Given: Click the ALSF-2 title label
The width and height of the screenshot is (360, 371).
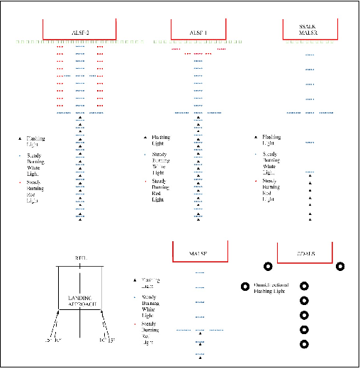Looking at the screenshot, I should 79,33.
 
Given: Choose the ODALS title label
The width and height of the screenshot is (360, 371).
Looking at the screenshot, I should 305,254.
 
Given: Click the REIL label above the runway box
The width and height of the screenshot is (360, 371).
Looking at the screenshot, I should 80,259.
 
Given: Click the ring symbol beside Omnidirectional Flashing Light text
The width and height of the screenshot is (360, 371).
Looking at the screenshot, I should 305,287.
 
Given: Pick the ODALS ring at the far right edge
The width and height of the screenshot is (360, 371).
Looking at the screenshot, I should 340,267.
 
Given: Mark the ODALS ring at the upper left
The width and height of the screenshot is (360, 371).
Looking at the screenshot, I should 269,267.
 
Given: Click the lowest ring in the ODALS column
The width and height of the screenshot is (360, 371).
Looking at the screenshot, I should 305,345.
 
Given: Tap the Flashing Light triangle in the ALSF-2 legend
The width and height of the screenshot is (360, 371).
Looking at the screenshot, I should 20,138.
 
